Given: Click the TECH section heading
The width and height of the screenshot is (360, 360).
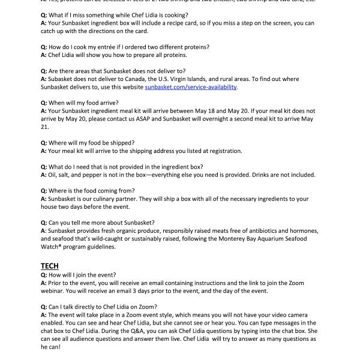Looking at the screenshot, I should pos(49,265).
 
